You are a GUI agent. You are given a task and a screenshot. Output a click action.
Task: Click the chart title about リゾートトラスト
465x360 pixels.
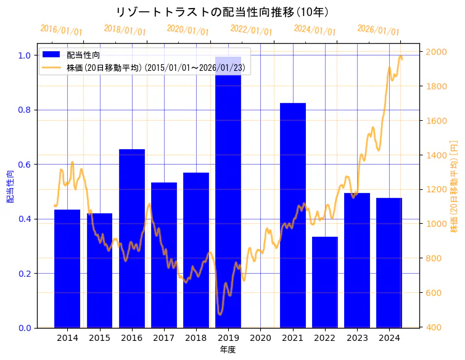[222, 12]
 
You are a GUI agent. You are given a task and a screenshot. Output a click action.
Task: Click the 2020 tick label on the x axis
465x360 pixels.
[260, 338]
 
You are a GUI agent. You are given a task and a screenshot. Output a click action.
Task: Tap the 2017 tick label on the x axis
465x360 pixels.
[164, 338]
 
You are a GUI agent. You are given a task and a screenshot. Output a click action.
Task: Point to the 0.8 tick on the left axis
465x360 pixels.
[25, 110]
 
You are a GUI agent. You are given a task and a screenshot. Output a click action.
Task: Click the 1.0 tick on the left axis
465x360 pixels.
[25, 55]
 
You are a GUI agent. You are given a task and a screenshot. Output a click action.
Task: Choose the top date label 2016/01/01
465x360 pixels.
[61, 30]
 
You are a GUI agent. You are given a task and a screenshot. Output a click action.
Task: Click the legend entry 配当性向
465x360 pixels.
[84, 55]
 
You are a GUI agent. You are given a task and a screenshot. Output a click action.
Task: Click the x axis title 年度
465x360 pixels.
[228, 350]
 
